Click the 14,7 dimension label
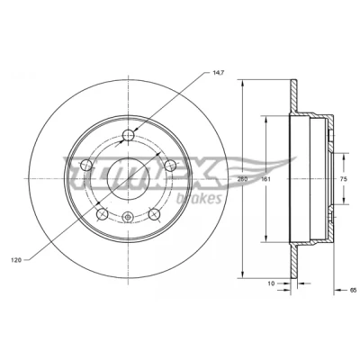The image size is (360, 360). tap(217, 72)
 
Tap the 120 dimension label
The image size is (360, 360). tap(16, 260)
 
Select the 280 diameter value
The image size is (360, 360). tap(242, 179)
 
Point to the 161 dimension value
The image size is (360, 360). tap(265, 179)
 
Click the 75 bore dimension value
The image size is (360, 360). tap(344, 179)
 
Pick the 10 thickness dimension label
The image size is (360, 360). tap(271, 283)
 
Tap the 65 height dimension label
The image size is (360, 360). tap(353, 290)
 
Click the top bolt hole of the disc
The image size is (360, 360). tap(129, 135)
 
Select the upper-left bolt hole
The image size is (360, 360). tap(86, 165)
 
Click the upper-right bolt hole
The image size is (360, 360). tap(170, 165)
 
